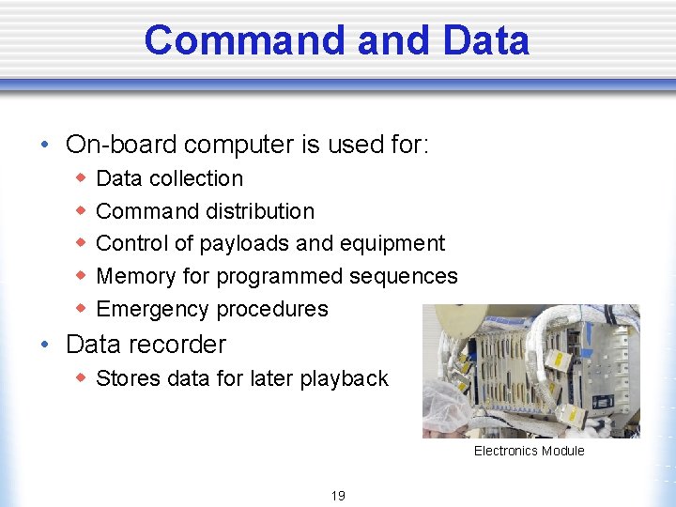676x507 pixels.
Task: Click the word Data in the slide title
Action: coord(484,40)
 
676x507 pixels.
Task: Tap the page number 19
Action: coord(337,496)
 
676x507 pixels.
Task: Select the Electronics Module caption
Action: coord(529,451)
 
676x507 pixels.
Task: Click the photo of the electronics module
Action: coord(530,371)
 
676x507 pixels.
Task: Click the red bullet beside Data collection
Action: coord(81,177)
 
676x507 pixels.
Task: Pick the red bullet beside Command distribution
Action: coord(81,210)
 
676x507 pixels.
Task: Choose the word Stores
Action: coord(127,378)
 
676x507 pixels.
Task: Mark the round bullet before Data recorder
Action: coord(45,345)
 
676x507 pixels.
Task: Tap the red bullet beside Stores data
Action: coord(81,377)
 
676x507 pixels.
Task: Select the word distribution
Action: coord(260,211)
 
